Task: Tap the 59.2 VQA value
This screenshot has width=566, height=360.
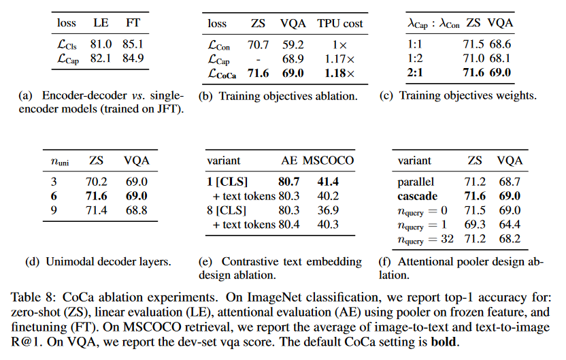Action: coord(294,46)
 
